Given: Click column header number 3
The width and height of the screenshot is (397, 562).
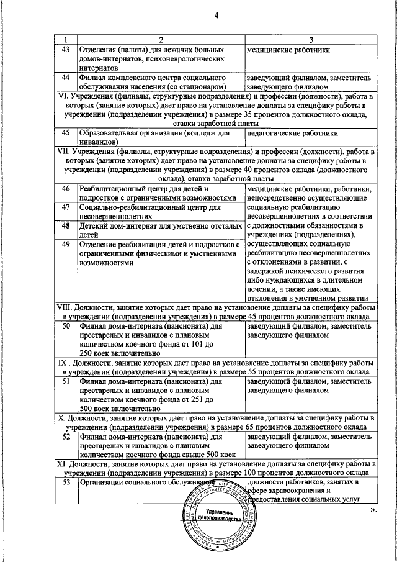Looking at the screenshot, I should [x=311, y=40].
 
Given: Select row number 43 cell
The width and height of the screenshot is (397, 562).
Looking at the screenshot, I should [x=66, y=49].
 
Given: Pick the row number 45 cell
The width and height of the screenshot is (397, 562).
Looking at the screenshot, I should [x=66, y=132].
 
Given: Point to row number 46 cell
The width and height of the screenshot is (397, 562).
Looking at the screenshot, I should [x=66, y=188].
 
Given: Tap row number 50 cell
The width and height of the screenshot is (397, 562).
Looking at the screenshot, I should [x=66, y=326].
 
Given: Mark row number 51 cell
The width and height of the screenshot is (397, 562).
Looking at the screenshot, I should [x=66, y=381].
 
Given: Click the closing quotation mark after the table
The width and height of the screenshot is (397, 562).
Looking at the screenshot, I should [x=373, y=510].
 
